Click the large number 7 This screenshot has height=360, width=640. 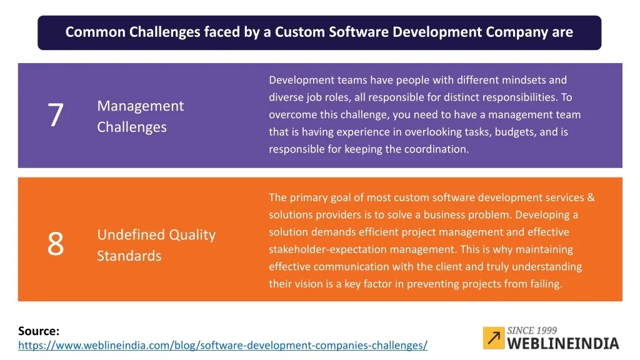56,115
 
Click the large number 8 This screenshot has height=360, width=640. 56,244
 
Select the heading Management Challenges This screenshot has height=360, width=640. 141,116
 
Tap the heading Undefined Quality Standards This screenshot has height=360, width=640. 156,245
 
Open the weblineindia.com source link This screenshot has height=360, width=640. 223,345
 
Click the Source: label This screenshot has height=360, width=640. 39,331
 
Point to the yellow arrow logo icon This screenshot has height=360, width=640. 494,338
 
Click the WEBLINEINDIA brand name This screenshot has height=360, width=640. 563,344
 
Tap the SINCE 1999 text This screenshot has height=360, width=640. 532,331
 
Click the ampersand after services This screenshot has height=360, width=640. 591,197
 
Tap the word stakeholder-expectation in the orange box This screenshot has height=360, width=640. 329,249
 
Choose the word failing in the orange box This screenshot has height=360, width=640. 546,284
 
